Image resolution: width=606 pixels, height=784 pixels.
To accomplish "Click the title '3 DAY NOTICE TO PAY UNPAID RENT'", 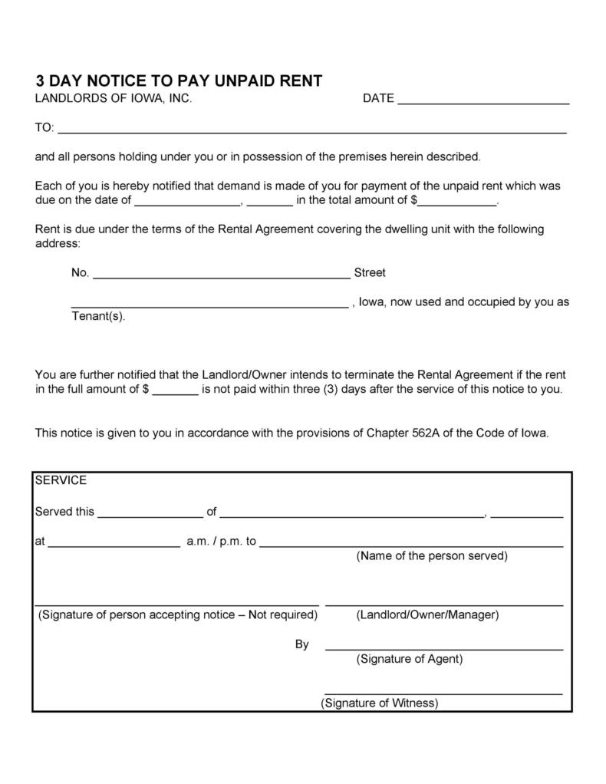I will pos(178,81).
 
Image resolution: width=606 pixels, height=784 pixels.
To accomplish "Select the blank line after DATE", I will pos(483,100).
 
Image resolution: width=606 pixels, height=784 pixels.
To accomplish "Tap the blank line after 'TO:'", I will pos(312,130).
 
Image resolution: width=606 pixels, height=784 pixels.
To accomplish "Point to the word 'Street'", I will pos(370,272).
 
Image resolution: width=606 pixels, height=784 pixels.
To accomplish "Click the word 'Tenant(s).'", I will pos(97,316).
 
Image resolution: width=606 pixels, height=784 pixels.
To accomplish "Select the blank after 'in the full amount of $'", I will pos(175,392).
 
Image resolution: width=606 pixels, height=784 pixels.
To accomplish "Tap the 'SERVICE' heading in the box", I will pos(61,480).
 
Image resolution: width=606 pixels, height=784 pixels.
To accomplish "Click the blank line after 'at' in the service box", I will pos(114,544).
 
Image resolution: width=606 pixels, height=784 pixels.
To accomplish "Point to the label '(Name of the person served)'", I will pos(432,555).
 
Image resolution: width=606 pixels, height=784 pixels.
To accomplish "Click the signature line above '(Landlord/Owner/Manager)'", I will pos(444,605).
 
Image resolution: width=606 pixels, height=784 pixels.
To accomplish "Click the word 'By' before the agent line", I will pos(302,644).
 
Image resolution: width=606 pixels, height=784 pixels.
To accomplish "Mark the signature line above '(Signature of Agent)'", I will pos(444,649).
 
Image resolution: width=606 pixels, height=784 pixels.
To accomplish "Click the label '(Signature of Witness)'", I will pos(380,703).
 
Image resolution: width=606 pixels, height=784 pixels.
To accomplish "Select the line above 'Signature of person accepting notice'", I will pos(176,604).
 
